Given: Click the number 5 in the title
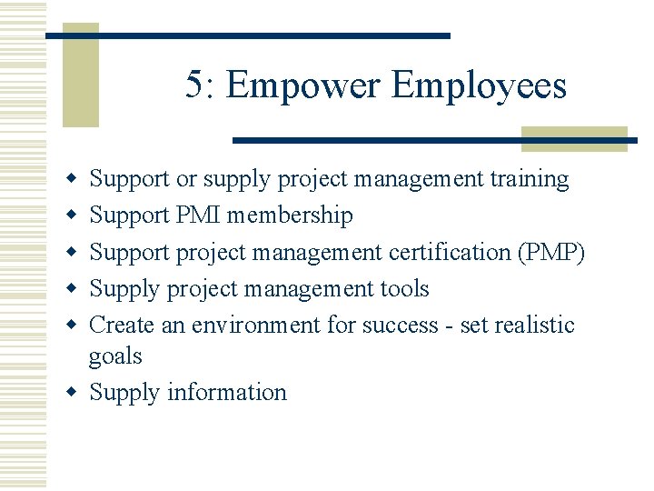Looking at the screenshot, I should point(194,85).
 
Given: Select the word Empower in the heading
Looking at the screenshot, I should point(305,86).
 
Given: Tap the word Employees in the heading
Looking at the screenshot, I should point(480,86).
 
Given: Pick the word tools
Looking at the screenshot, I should point(404,288).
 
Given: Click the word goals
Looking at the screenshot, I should point(115,356).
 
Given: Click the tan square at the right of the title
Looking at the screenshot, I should point(574,138).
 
